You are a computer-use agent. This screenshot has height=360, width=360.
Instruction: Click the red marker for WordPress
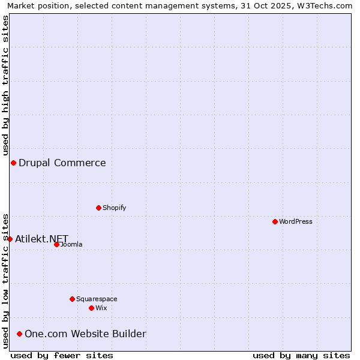[x=275, y=221]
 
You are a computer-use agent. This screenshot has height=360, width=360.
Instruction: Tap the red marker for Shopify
[x=99, y=208]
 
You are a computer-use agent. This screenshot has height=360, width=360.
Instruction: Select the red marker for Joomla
[x=57, y=244]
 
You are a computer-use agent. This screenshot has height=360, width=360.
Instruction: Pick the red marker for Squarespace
[x=73, y=299]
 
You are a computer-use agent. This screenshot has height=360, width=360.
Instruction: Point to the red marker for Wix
[x=92, y=308]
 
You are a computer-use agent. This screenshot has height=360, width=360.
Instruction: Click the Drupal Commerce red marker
[x=13, y=163]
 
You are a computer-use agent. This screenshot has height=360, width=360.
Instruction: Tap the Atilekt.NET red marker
[x=10, y=239]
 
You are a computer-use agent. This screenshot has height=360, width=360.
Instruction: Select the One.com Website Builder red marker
[x=20, y=334]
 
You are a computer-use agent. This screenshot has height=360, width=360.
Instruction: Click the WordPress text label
[x=296, y=221]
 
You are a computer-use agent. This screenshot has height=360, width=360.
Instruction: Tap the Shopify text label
[x=115, y=208]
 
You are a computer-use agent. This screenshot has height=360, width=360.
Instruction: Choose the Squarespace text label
[x=97, y=299]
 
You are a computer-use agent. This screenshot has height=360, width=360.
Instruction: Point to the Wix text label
[x=101, y=308]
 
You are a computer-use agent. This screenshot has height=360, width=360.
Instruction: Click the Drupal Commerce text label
[x=62, y=163]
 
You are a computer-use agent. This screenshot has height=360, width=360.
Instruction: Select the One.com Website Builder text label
[x=85, y=334]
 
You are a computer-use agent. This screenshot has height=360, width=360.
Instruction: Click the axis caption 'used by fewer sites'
[x=62, y=355]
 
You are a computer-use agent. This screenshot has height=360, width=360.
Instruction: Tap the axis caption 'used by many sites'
[x=301, y=355]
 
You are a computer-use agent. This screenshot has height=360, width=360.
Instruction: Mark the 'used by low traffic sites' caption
[x=6, y=280]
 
